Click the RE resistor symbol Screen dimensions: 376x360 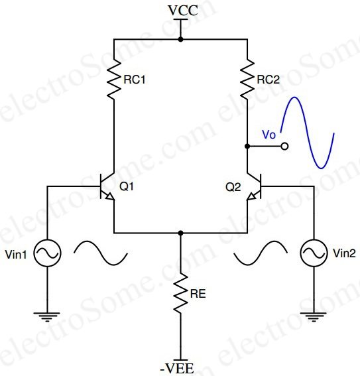(180, 292)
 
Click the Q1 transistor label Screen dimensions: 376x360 (127, 188)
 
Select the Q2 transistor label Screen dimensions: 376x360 (233, 188)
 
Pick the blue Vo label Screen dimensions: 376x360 (269, 134)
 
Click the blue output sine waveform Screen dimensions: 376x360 (311, 133)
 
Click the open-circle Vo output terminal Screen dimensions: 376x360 (284, 146)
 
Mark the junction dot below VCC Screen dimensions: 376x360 (180, 39)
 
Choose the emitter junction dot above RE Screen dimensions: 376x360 (180, 233)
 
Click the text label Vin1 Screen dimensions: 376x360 (16, 253)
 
